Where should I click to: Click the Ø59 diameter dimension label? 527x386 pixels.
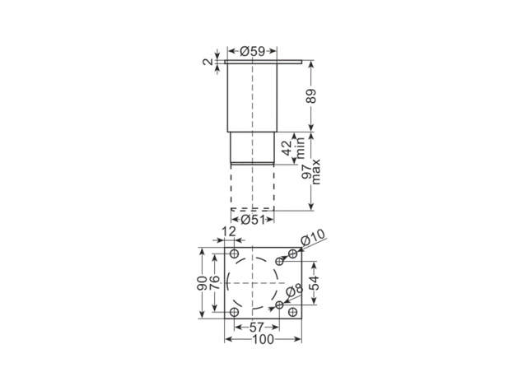click(x=253, y=51)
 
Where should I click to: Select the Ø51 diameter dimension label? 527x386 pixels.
click(x=253, y=220)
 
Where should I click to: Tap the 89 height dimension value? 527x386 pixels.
click(x=311, y=95)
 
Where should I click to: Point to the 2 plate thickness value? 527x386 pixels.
click(x=208, y=62)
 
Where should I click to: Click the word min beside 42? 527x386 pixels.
click(x=299, y=148)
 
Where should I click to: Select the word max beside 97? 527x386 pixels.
click(x=316, y=172)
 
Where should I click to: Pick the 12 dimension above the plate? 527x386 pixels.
click(x=229, y=231)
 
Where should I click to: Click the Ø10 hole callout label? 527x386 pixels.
click(x=313, y=237)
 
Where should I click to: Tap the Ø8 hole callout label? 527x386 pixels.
click(x=295, y=291)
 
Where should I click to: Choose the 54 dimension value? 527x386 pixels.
click(x=315, y=283)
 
